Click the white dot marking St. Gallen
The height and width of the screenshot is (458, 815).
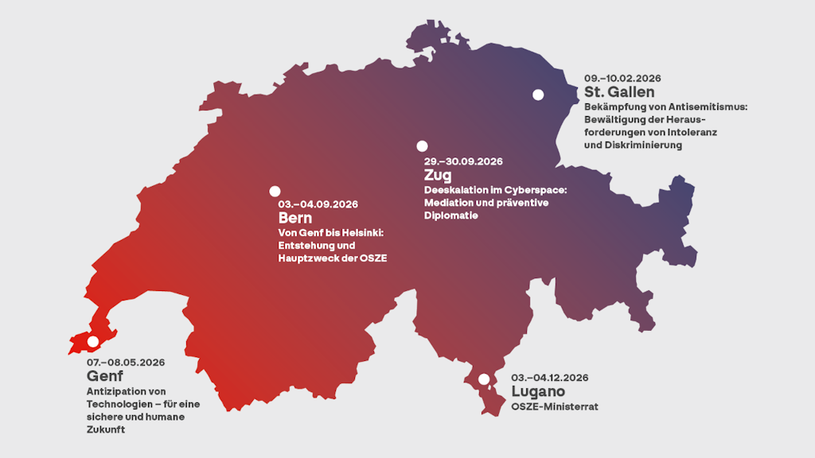(538, 95)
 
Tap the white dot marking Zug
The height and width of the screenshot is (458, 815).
(422, 146)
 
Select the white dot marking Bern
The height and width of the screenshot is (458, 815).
(275, 191)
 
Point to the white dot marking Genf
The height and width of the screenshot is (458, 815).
(92, 341)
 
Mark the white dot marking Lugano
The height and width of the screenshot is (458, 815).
(483, 379)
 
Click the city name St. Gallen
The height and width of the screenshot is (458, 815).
(619, 92)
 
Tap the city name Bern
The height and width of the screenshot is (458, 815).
(294, 218)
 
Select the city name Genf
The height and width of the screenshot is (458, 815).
(105, 376)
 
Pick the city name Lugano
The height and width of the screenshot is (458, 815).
(538, 391)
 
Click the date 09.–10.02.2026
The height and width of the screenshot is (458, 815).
(622, 78)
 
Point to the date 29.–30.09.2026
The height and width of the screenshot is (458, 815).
(463, 161)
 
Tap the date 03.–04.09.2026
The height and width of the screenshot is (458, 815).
(318, 204)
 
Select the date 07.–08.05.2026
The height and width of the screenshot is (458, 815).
(126, 363)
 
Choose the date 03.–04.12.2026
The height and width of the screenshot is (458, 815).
(550, 377)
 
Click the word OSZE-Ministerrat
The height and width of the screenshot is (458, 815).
(554, 406)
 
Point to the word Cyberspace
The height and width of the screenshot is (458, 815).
(534, 190)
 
